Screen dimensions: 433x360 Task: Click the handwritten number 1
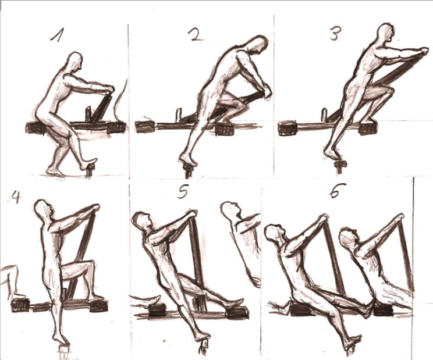[x=57, y=34]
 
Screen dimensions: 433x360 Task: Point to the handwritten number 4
[x=16, y=197]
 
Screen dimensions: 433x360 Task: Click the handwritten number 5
[x=183, y=191]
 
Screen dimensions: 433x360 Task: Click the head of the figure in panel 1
[x=76, y=61]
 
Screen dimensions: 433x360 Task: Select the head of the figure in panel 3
[x=385, y=33]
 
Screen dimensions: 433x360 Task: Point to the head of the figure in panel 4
[x=43, y=208]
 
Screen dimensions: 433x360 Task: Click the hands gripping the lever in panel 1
[x=109, y=89]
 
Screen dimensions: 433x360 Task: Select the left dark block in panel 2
[x=145, y=127]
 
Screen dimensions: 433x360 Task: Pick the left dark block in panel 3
[x=288, y=129]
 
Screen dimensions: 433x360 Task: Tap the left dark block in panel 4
[x=20, y=305]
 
